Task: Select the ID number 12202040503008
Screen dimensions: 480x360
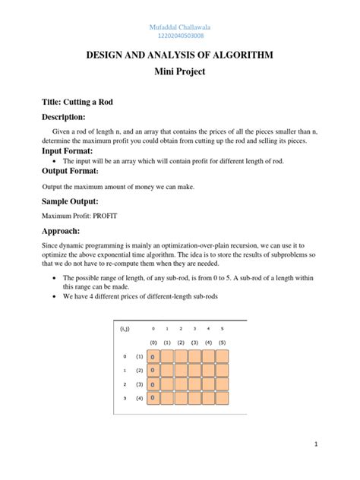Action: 180,36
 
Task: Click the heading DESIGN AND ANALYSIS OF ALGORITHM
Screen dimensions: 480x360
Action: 180,55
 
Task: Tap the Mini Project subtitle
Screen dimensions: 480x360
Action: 180,74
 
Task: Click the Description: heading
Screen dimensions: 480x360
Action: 63,118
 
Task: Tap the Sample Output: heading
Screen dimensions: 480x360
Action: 70,201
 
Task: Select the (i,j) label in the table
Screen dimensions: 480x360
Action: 125,329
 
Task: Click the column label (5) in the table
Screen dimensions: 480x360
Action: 222,343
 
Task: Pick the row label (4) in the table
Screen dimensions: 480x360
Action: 139,397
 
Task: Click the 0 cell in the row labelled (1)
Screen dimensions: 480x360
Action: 153,357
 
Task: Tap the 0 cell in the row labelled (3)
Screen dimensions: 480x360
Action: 153,384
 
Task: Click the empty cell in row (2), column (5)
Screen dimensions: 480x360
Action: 222,371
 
